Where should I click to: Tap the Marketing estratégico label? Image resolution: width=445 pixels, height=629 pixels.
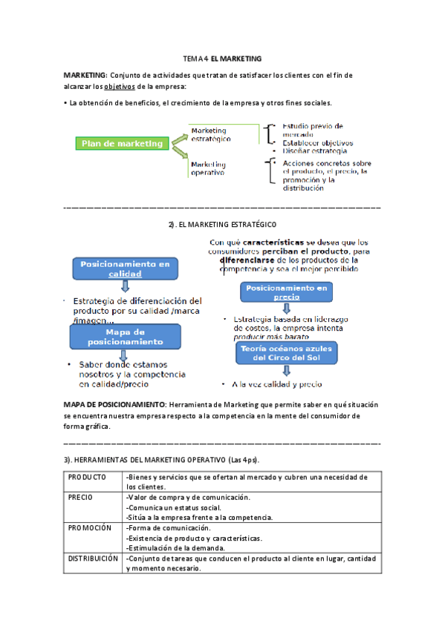211,134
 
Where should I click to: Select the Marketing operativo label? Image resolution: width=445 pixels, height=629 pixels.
209,168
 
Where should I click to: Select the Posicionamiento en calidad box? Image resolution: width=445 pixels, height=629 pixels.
125,269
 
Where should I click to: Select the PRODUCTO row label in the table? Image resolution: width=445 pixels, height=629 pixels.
88,476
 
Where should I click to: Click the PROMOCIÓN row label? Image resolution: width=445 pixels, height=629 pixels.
90,527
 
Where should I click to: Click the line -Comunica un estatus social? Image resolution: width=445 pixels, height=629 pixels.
172,507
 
